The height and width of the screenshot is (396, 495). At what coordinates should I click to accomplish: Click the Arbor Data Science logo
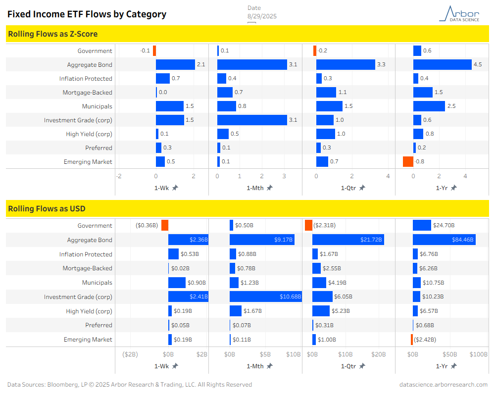(x=459, y=13)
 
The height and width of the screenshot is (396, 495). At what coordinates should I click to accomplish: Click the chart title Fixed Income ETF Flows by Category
(x=87, y=14)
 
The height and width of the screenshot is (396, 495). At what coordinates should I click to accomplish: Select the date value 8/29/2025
(x=262, y=16)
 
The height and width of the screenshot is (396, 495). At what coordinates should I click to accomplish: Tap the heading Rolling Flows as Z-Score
(x=52, y=34)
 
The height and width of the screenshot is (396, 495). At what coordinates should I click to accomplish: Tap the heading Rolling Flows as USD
(x=47, y=209)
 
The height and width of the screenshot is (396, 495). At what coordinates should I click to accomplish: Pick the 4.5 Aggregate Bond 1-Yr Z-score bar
(x=442, y=65)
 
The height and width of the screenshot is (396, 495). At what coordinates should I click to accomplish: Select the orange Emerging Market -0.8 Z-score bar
(x=408, y=161)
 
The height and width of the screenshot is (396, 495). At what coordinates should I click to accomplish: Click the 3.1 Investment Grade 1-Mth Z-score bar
(x=252, y=120)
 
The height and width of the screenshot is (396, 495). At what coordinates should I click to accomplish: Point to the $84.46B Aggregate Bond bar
(x=444, y=240)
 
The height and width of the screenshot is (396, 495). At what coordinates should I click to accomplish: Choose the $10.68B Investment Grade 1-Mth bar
(x=265, y=297)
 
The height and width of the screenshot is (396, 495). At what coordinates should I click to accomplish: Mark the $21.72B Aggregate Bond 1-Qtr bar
(x=348, y=240)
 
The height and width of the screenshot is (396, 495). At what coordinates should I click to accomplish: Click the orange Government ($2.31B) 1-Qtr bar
(x=308, y=226)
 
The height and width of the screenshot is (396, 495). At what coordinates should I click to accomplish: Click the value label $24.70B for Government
(x=445, y=226)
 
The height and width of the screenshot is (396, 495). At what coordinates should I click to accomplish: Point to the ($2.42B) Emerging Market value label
(x=425, y=340)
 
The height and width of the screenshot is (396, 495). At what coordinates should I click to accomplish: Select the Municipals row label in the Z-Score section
(x=97, y=106)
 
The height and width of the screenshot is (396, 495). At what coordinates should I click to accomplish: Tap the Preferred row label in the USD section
(x=99, y=325)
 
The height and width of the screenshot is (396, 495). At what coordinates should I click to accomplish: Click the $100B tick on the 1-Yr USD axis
(x=478, y=354)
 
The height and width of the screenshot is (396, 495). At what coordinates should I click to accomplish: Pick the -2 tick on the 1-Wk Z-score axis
(x=119, y=176)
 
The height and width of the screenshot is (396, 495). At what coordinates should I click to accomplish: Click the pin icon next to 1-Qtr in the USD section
(x=362, y=366)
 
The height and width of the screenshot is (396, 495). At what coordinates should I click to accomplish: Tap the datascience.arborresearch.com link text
(x=443, y=385)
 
